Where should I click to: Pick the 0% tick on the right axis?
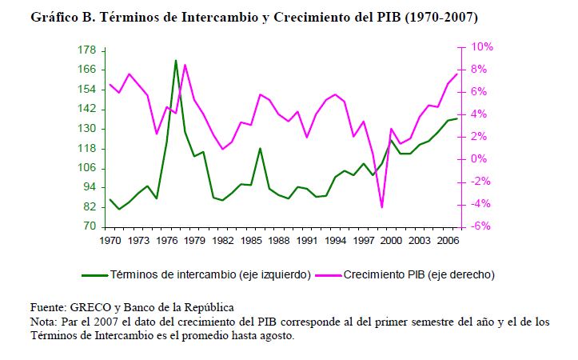(x=475, y=159)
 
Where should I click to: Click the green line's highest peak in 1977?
(x=176, y=60)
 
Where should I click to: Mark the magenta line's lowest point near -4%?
(x=381, y=207)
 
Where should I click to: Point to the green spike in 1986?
(x=260, y=148)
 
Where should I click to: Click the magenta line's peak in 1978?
(x=185, y=65)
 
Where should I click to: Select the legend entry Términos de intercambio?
(x=209, y=274)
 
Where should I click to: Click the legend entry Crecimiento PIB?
(x=420, y=274)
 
